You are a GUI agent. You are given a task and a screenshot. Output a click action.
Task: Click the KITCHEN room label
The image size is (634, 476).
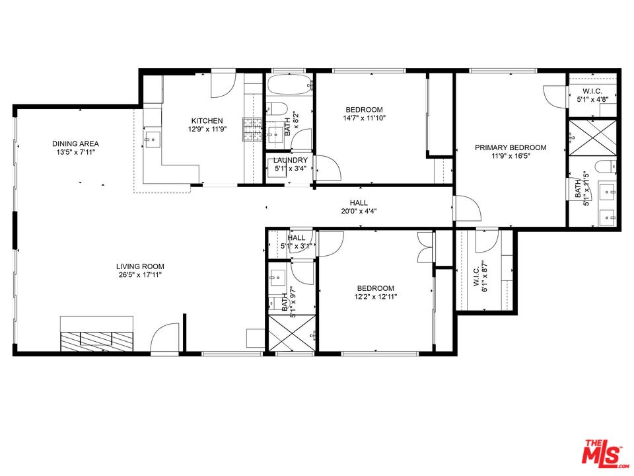pyautogui.click(x=207, y=121)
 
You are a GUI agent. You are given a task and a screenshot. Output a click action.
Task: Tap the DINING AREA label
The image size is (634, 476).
pyautogui.click(x=75, y=143)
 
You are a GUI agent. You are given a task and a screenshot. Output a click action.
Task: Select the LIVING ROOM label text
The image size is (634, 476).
pyautogui.click(x=135, y=266)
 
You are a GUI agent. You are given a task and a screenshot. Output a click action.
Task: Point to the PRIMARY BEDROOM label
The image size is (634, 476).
pyautogui.click(x=511, y=147)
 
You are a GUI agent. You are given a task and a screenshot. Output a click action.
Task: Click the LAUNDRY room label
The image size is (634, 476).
pyautogui.click(x=290, y=160)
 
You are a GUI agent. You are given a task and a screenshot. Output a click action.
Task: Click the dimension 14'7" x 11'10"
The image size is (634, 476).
pyautogui.click(x=364, y=118)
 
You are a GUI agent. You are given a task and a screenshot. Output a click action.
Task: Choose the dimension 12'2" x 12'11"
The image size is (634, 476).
pyautogui.click(x=375, y=297)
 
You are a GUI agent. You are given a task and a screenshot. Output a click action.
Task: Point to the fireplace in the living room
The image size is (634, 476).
pyautogui.click(x=97, y=339)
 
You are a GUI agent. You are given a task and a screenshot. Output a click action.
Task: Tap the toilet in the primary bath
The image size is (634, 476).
pyautogui.click(x=605, y=165)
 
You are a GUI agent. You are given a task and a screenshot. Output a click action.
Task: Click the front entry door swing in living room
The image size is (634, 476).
pyautogui.click(x=165, y=338)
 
